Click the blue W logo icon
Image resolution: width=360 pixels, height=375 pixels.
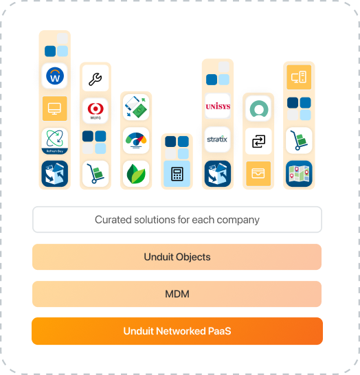tap(54, 76)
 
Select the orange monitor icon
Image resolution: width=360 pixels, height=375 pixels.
tap(54, 109)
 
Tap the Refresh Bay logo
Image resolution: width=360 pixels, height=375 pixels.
tap(54, 141)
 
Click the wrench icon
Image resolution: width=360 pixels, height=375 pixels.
tap(95, 78)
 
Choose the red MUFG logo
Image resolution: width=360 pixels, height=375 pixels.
tap(95, 110)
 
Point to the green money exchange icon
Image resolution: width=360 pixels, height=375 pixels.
tap(135, 107)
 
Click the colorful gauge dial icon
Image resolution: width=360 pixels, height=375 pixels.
tap(135, 140)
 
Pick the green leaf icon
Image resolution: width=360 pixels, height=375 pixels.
tap(135, 173)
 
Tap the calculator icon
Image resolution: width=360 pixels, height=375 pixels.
tap(177, 174)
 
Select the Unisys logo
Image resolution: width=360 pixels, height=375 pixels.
tap(217, 106)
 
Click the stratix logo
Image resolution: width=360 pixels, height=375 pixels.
tap(217, 139)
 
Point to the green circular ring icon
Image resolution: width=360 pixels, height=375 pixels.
tap(258, 108)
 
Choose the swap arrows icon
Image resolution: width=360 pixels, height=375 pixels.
tap(258, 141)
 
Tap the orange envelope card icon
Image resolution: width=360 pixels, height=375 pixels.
tap(258, 173)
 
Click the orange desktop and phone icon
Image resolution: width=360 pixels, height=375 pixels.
tap(298, 77)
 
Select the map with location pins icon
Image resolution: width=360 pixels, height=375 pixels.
tap(298, 173)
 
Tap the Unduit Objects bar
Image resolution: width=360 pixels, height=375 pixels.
tap(177, 257)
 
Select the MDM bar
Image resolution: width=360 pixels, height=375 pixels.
tap(177, 294)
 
